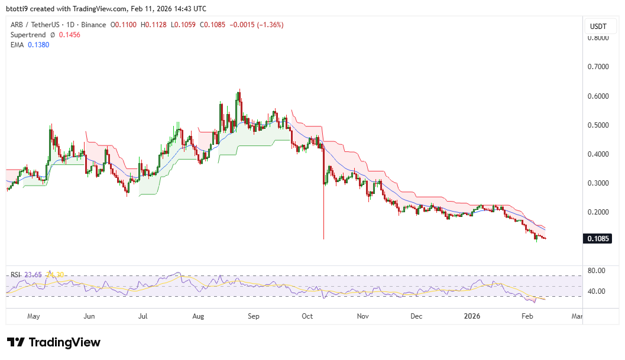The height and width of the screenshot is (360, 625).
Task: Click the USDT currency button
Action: pyautogui.click(x=599, y=27)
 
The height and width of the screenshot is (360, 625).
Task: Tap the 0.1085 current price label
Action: pyautogui.click(x=598, y=239)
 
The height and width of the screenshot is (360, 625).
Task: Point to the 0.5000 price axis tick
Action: pyautogui.click(x=599, y=125)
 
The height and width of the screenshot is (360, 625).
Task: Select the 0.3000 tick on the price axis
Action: pyautogui.click(x=599, y=183)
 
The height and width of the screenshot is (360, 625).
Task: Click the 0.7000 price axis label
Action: pyautogui.click(x=599, y=67)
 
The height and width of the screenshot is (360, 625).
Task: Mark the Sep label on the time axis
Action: pyautogui.click(x=253, y=316)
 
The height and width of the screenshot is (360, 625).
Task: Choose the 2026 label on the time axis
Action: pyautogui.click(x=471, y=316)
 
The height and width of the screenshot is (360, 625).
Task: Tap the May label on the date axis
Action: pyautogui.click(x=33, y=316)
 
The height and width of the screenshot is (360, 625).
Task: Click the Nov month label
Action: pyautogui.click(x=363, y=316)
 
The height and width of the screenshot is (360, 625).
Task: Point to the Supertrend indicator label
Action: pyautogui.click(x=28, y=35)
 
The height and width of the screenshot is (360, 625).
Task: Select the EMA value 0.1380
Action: pyautogui.click(x=37, y=45)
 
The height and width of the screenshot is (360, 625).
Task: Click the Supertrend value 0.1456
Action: pyautogui.click(x=69, y=35)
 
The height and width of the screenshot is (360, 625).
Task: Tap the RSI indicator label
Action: pyautogui.click(x=15, y=274)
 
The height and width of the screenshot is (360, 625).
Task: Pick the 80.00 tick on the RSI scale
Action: pyautogui.click(x=596, y=271)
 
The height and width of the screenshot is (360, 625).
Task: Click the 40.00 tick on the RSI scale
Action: pyautogui.click(x=596, y=291)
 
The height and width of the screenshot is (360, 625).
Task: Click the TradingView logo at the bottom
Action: pyautogui.click(x=54, y=342)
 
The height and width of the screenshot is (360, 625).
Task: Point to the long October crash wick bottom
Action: pyautogui.click(x=323, y=238)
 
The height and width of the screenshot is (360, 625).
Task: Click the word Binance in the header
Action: pyautogui.click(x=94, y=25)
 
